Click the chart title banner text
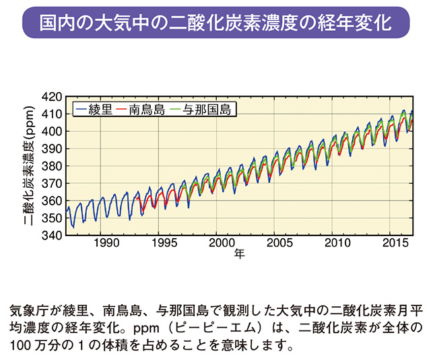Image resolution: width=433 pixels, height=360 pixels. (x=215, y=22)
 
